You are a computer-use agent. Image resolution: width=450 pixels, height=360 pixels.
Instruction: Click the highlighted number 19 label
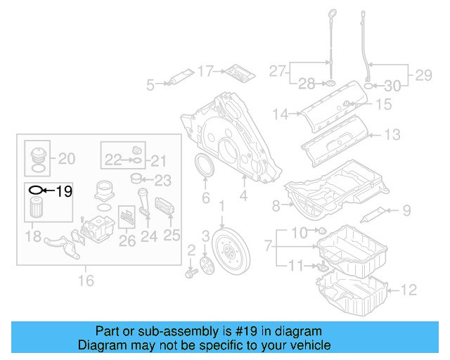tap(64, 190)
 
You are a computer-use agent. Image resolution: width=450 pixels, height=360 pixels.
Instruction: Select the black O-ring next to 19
tap(35, 190)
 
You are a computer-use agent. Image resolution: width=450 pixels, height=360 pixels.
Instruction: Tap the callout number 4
tap(243, 198)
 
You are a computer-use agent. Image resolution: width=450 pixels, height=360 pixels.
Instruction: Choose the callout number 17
tap(205, 70)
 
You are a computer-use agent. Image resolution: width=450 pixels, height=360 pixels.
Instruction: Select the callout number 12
tap(410, 288)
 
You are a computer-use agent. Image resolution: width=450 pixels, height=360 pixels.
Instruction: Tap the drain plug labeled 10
tap(321, 231)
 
